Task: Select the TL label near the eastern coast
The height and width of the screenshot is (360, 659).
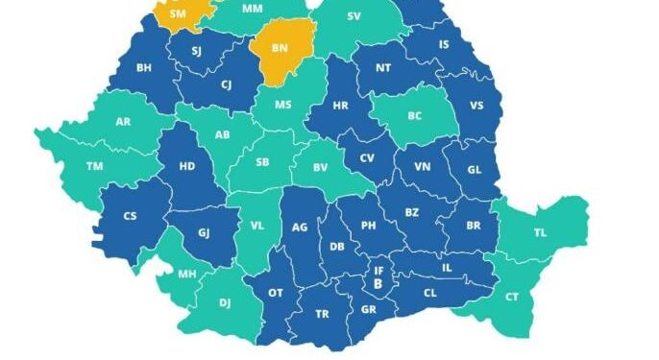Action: (540, 232)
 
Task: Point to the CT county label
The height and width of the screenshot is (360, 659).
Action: (511, 297)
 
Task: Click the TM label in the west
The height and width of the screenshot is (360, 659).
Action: (94, 166)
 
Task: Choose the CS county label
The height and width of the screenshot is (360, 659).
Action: (130, 216)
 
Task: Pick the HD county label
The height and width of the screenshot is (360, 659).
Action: (187, 166)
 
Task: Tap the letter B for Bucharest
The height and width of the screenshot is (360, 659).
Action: (378, 284)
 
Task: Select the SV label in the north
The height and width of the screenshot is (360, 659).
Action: (354, 16)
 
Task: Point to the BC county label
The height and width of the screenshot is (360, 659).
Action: (415, 116)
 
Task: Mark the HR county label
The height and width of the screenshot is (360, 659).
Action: (341, 106)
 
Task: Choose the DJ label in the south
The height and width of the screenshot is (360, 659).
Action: (225, 302)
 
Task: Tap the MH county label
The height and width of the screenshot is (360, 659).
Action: (186, 274)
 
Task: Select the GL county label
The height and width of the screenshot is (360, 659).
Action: (475, 168)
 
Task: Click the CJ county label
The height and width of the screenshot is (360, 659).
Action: (226, 84)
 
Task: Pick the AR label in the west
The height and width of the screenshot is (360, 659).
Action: (123, 122)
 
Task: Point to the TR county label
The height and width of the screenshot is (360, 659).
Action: (322, 314)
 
